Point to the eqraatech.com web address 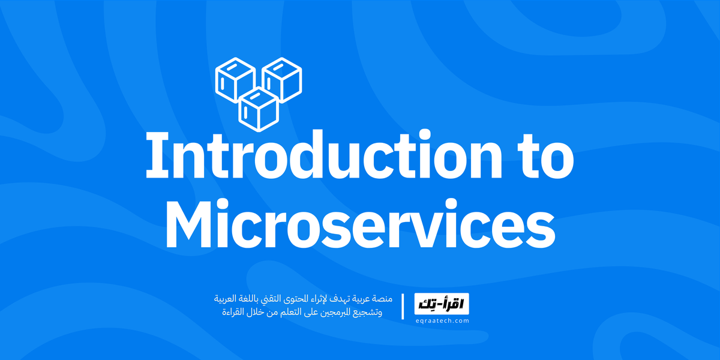442,321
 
